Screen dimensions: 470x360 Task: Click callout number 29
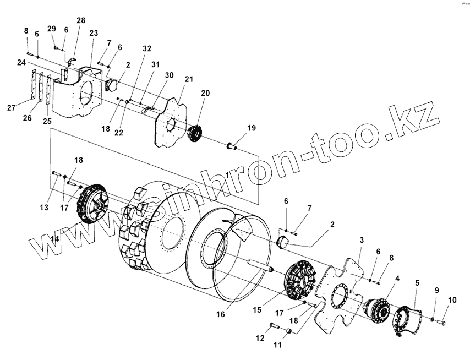[52, 29]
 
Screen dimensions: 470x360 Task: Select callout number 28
[81, 20]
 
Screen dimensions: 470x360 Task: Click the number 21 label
[189, 79]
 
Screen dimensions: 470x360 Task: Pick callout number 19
[251, 128]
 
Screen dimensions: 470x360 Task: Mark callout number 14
[54, 238]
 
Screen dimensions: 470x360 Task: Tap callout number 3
[362, 240]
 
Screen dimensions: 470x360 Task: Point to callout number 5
[417, 283]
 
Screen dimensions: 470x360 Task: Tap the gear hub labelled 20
[194, 134]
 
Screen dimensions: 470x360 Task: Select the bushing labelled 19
[231, 146]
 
